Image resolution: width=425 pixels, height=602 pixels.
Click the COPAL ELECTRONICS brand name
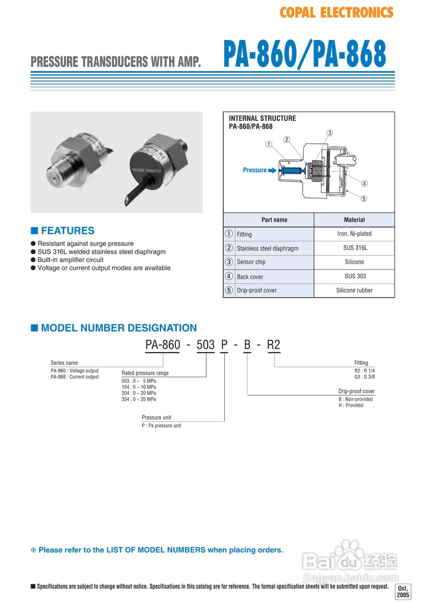(336, 13)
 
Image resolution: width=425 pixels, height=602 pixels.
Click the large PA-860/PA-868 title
(305, 55)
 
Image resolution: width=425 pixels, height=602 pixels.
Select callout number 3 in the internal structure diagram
(330, 133)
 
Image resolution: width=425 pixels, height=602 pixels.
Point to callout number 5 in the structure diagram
(363, 198)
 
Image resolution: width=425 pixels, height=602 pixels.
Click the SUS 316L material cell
(354, 248)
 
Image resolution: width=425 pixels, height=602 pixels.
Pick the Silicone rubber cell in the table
(354, 290)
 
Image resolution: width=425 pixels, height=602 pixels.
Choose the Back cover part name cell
(250, 277)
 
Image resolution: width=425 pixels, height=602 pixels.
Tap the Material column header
(354, 220)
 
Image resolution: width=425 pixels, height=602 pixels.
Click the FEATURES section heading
(67, 230)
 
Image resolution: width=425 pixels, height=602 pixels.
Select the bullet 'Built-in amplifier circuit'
(70, 260)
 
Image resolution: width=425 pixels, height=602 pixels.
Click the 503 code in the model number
(205, 345)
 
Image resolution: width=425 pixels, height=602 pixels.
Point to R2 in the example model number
(273, 345)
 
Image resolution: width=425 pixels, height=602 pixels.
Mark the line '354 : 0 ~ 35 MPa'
(139, 399)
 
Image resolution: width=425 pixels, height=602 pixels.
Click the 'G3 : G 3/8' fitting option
(364, 377)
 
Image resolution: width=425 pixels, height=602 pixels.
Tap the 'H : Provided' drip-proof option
(351, 405)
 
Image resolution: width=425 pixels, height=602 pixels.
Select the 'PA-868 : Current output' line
(75, 377)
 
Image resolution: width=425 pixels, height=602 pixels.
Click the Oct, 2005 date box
(403, 592)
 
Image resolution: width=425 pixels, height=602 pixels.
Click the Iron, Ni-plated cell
(354, 234)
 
